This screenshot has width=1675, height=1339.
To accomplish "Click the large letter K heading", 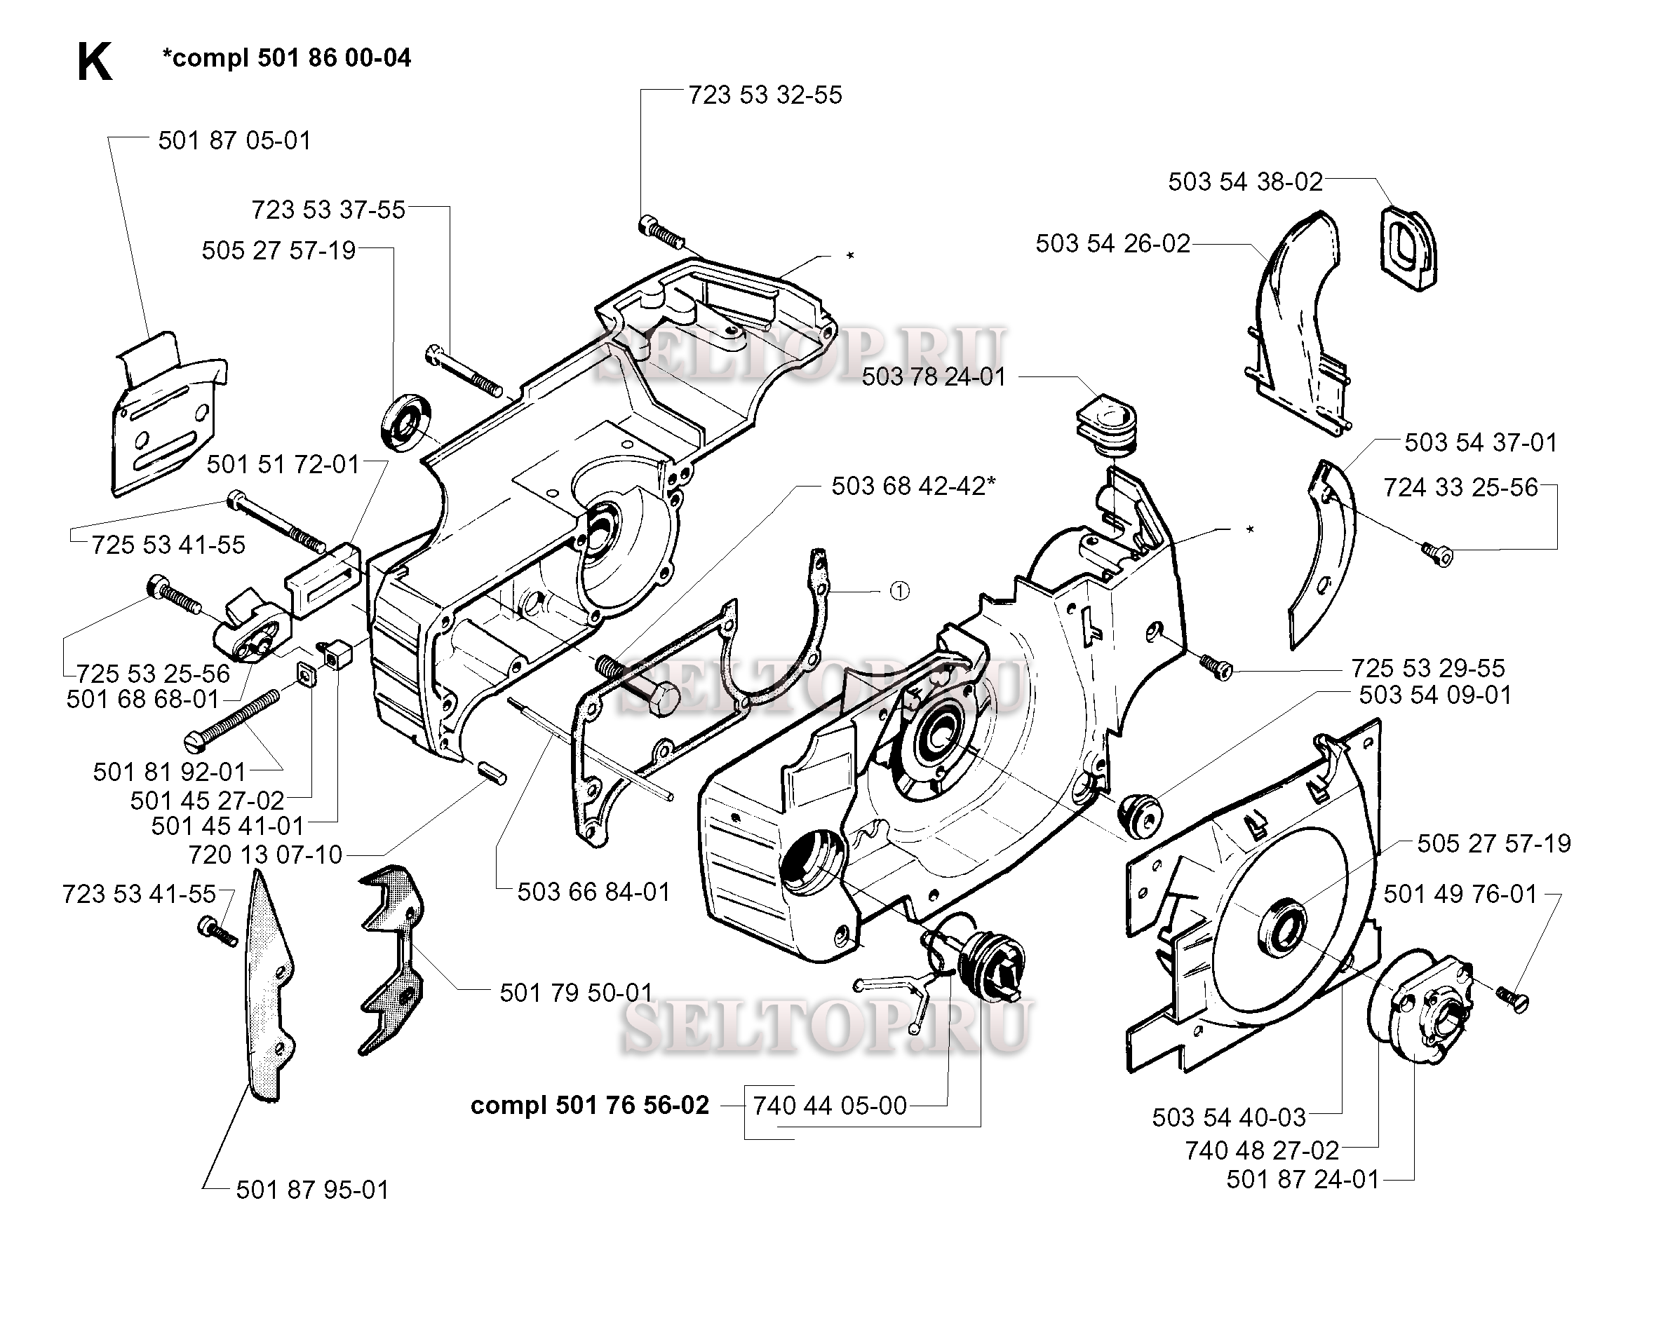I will (x=95, y=62).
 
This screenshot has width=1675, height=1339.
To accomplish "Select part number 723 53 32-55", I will (x=765, y=95).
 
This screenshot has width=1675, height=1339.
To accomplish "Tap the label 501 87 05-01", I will (x=234, y=141).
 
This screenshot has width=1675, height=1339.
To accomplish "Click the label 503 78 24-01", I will (x=934, y=376).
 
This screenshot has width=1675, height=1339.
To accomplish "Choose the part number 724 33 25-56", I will (x=1460, y=488).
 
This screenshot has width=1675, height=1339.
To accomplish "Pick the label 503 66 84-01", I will (x=593, y=892).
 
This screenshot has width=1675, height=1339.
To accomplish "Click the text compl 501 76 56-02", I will (x=590, y=1106).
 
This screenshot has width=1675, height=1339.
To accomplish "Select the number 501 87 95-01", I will (x=312, y=1190).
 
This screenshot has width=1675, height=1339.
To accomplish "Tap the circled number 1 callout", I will (x=899, y=592).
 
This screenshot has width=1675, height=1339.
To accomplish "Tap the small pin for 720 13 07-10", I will (x=492, y=773).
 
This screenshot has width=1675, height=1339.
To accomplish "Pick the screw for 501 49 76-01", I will (x=1511, y=998).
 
